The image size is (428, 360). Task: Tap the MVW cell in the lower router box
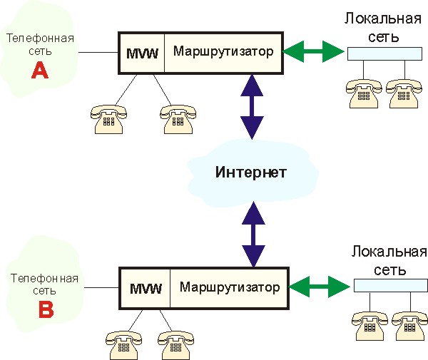coord(146,289)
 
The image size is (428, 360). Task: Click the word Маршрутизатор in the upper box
coord(223,51)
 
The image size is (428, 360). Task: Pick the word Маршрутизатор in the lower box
coord(230,288)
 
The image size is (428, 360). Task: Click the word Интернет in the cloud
coord(251,173)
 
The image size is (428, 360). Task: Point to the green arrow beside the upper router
coord(315,51)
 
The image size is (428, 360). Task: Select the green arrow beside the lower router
coord(322,288)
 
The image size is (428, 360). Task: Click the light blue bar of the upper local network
coord(382,53)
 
